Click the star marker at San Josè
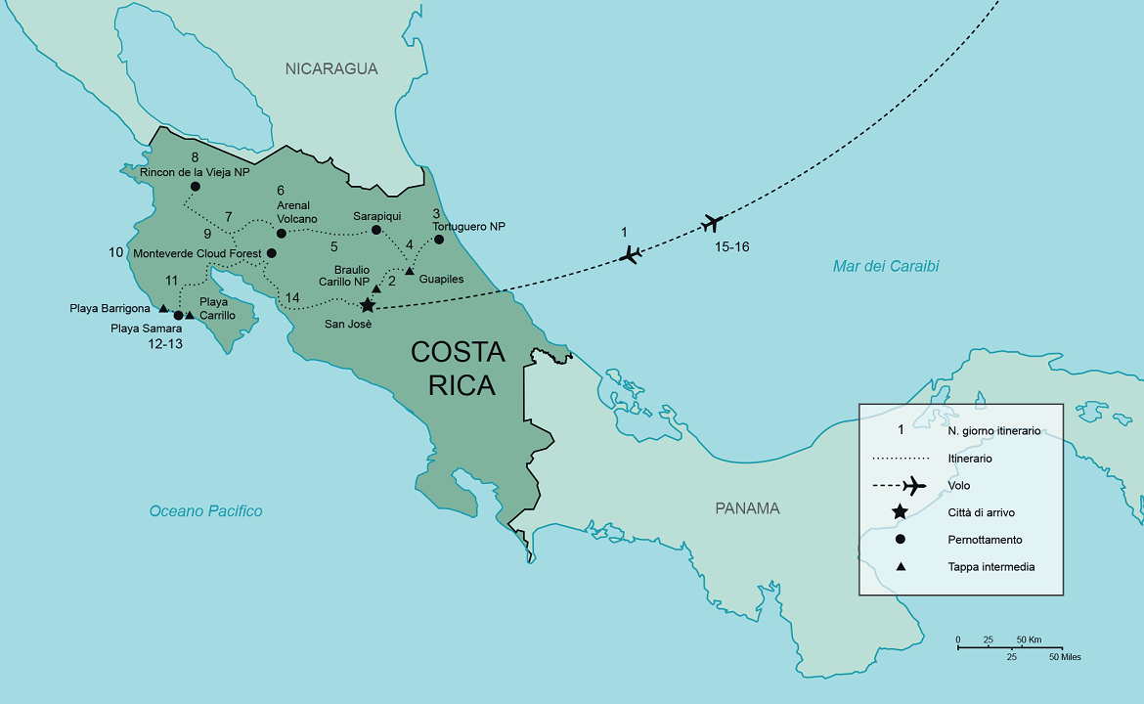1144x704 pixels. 368,305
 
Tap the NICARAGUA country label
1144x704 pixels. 331,68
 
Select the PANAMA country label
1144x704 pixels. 747,507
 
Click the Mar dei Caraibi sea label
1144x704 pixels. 885,266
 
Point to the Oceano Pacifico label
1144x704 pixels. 205,510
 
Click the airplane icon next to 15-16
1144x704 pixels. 713,224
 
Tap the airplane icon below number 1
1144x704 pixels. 632,255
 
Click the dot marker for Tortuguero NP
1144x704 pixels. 439,240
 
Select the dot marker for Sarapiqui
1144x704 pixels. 376,230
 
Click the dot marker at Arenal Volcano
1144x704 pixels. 281,233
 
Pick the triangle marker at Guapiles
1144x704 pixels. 410,270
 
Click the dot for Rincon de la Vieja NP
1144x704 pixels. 196,187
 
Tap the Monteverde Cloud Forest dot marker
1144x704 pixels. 272,253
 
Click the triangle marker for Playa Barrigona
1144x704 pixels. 163,308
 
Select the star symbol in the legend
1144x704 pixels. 900,511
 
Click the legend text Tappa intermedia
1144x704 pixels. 990,566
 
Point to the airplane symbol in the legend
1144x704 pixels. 913,485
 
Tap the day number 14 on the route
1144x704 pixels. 292,297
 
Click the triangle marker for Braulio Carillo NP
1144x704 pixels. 376,289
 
